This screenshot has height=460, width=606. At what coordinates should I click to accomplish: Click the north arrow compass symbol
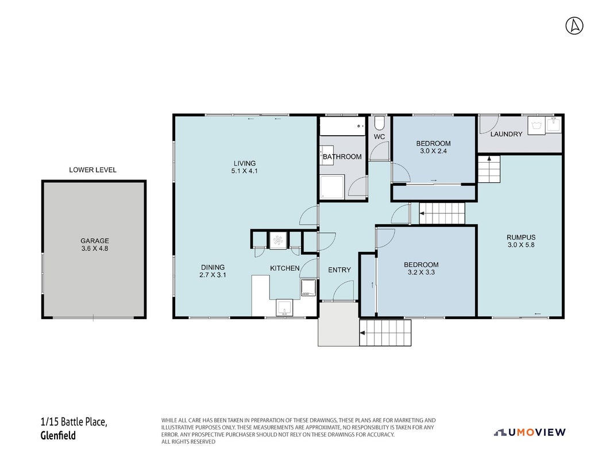coord(574,26)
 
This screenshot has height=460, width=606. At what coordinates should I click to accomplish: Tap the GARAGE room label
coord(95,241)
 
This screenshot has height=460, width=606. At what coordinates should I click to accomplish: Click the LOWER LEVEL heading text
coord(92,170)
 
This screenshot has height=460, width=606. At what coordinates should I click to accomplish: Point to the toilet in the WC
coord(379,122)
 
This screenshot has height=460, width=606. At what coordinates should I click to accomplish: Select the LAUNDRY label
coord(506,134)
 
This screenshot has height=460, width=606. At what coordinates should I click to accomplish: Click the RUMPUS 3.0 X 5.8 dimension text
coord(521,244)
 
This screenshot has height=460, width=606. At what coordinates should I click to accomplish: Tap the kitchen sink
coord(285,308)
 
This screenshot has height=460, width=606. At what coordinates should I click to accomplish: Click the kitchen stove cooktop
coord(308,288)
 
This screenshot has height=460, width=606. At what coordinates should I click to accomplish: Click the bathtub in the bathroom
coord(342,126)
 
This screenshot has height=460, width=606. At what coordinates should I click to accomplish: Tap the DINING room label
coord(213,267)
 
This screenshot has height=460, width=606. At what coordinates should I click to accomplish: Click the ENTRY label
coord(339,270)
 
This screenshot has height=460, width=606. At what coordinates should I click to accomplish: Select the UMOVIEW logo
coord(530,432)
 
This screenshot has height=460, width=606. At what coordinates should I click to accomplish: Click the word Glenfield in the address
coord(58,436)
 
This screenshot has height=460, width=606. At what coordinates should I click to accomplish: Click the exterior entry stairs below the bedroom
coord(385,333)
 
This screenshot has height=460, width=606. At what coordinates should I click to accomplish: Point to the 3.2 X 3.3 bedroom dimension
coord(421,273)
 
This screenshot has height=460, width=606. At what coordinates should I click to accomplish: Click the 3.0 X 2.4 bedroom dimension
coord(433,151)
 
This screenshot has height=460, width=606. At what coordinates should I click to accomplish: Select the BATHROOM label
coord(342,156)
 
